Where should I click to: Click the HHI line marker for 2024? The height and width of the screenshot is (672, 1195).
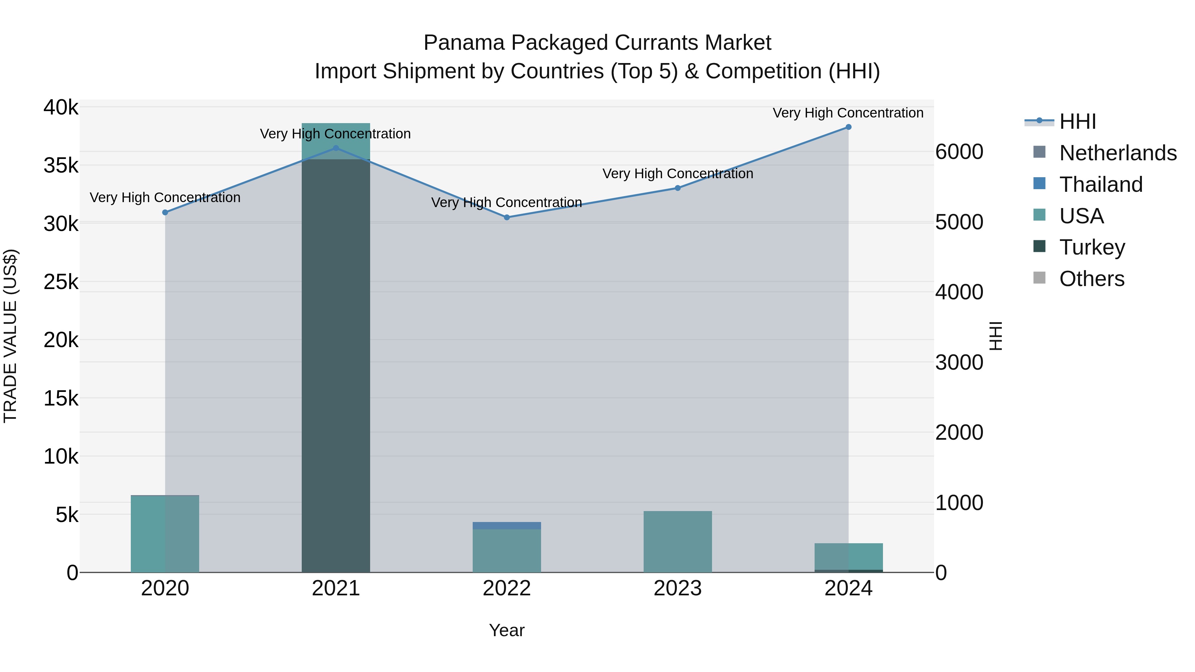[848, 127]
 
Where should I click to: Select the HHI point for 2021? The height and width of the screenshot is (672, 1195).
[336, 148]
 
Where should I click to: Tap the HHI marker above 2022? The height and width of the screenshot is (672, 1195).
[507, 217]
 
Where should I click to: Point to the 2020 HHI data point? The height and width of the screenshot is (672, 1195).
[165, 212]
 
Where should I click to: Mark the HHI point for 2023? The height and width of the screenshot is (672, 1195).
[678, 188]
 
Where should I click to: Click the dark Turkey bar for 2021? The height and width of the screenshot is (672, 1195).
[336, 366]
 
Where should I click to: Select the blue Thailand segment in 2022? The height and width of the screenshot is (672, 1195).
[507, 525]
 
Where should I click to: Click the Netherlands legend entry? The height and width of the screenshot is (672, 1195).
[1118, 153]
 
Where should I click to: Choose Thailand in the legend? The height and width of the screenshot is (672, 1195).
[1101, 185]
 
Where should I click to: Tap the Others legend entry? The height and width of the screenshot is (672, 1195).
[1091, 279]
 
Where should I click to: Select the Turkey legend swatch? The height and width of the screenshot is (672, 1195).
[1040, 247]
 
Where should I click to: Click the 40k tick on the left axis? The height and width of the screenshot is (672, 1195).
[61, 108]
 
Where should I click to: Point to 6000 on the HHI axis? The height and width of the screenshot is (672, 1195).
[959, 152]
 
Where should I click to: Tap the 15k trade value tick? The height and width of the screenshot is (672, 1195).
[61, 398]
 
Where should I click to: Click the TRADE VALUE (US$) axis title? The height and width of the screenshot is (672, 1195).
[10, 336]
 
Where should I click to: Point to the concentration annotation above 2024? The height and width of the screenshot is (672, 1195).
[848, 113]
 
